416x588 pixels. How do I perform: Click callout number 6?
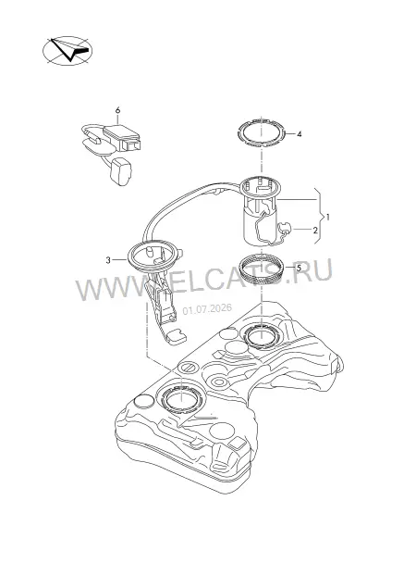(x=117, y=110)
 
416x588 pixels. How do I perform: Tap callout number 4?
(x=299, y=134)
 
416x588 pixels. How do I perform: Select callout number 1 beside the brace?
(x=328, y=217)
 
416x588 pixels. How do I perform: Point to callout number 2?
(x=315, y=230)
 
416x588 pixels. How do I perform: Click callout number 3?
(x=108, y=260)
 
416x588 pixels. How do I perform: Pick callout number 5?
(x=299, y=268)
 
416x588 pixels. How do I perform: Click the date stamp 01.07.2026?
(x=207, y=309)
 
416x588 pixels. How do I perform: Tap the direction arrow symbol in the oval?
(x=70, y=50)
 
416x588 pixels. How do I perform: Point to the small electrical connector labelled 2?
(x=284, y=228)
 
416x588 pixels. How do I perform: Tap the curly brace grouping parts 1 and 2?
(x=321, y=217)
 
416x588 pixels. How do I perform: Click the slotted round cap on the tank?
(x=188, y=368)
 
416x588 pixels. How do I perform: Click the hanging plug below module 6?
(x=120, y=171)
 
